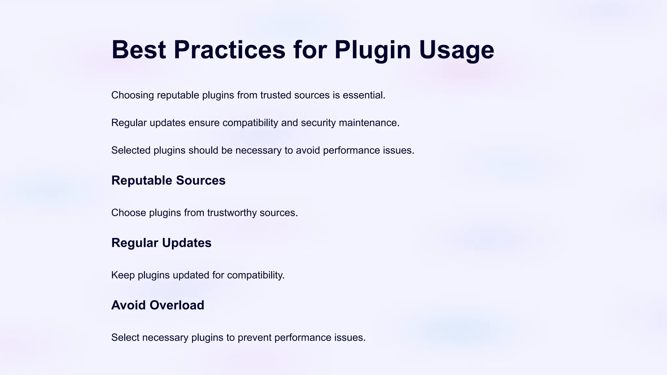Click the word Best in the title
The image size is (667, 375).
[139, 50]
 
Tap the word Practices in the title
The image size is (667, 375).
[230, 50]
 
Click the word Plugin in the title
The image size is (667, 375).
[373, 50]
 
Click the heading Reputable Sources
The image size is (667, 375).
[168, 180]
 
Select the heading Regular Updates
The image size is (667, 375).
[161, 243]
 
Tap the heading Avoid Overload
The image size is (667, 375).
[158, 305]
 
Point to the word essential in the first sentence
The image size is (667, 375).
[364, 95]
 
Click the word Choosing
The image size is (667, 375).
[133, 95]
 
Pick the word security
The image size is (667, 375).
[318, 123]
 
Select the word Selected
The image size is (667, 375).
[131, 150]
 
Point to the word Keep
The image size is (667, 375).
[123, 275]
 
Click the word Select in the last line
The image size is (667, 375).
[125, 338]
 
